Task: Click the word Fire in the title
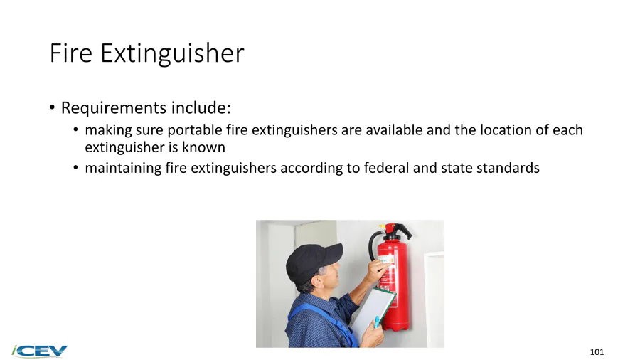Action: point(70,53)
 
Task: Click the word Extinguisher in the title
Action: point(172,54)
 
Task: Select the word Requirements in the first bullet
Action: point(114,107)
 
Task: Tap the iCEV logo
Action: point(40,351)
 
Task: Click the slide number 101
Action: point(597,352)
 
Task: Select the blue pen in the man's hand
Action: point(377,322)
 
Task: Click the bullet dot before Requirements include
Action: point(52,107)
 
